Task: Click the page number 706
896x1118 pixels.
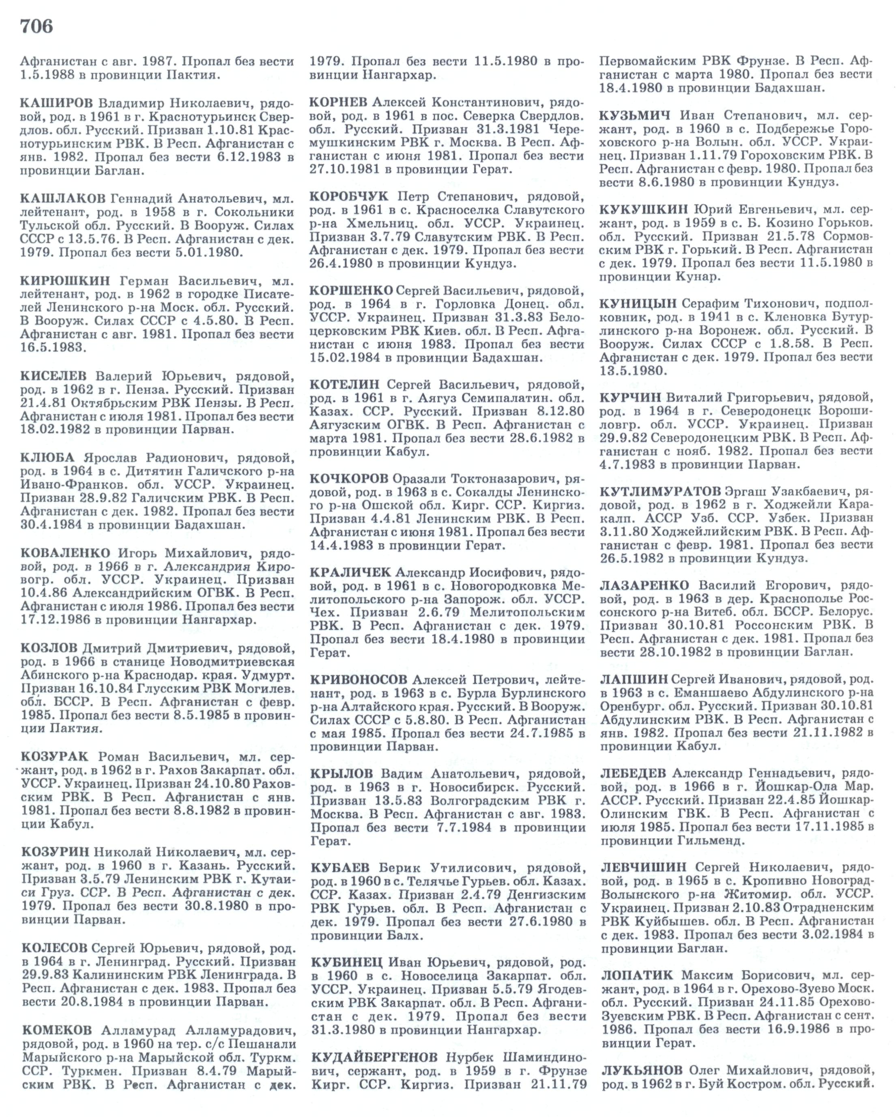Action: tap(36, 26)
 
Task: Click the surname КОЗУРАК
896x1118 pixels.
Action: tap(55, 756)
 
